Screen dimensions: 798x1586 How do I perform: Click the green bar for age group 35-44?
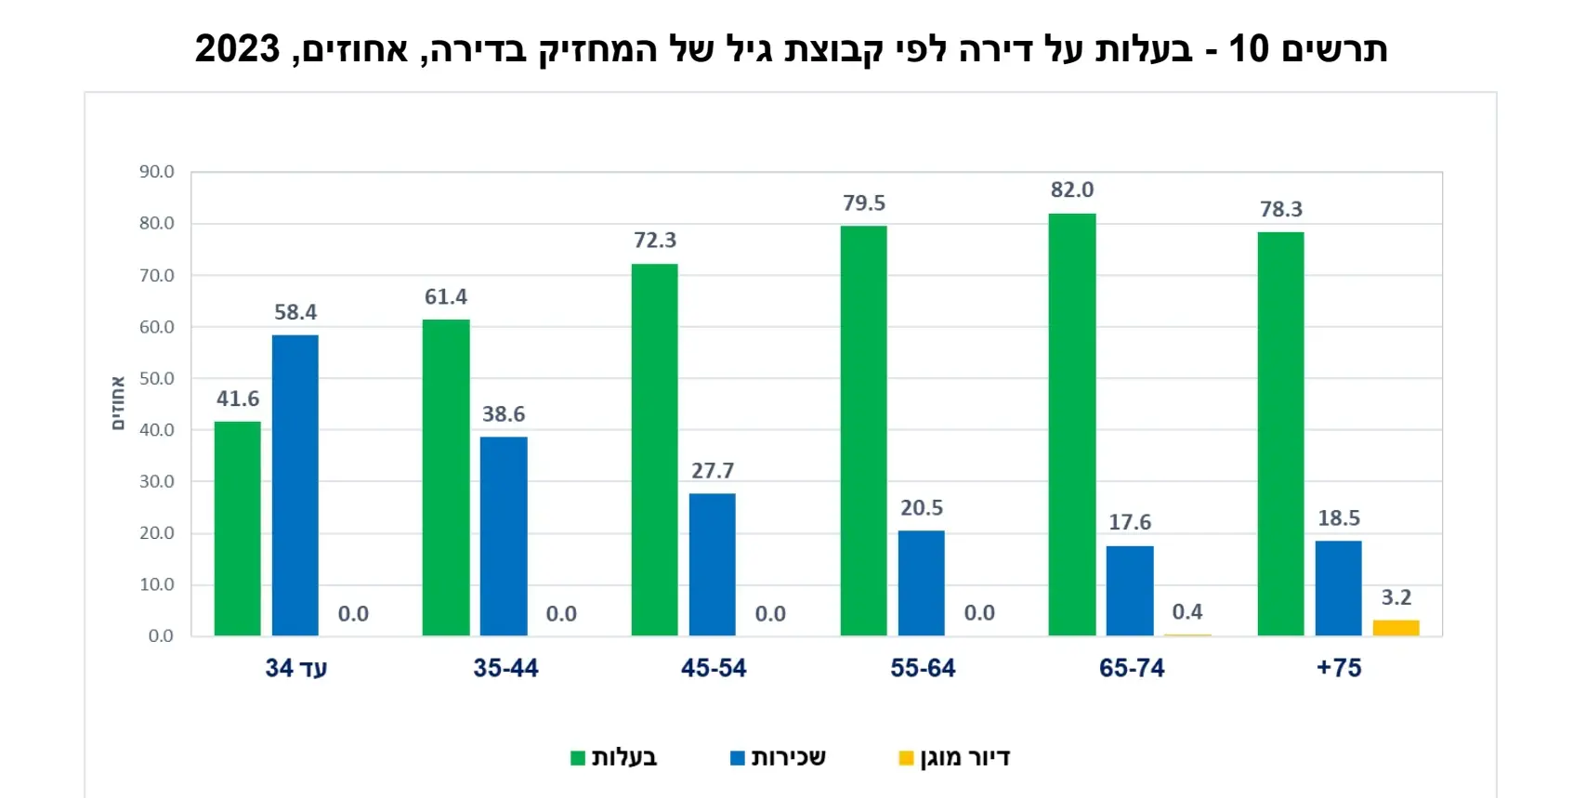coord(446,477)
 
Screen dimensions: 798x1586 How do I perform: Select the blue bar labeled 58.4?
coord(295,485)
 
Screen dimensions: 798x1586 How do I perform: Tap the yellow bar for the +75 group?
coord(1396,628)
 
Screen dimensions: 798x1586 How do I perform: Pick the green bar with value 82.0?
coord(1072,425)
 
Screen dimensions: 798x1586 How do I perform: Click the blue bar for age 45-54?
coord(713,564)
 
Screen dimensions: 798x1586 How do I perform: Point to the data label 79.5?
coord(864,203)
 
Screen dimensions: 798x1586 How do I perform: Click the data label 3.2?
coord(1396,597)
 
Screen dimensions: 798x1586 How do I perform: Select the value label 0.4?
coord(1187,612)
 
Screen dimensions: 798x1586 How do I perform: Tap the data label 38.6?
coord(504,414)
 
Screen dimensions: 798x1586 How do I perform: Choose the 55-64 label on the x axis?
coord(923,668)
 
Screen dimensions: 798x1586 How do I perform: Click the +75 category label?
coord(1339,668)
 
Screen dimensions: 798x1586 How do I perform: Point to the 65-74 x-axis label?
coord(1132,668)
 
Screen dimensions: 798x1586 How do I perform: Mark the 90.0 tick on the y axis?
coord(157,172)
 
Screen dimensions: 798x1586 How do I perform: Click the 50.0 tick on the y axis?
coord(157,378)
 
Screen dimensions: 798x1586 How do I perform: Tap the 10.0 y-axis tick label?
coord(157,584)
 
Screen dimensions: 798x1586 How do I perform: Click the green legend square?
coord(578,758)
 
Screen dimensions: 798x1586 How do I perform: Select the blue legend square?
coord(738,758)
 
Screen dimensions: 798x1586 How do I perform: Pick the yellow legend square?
coord(906,758)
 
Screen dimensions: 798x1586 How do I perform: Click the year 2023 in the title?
coord(237,48)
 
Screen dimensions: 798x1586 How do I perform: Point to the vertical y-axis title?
coord(118,403)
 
